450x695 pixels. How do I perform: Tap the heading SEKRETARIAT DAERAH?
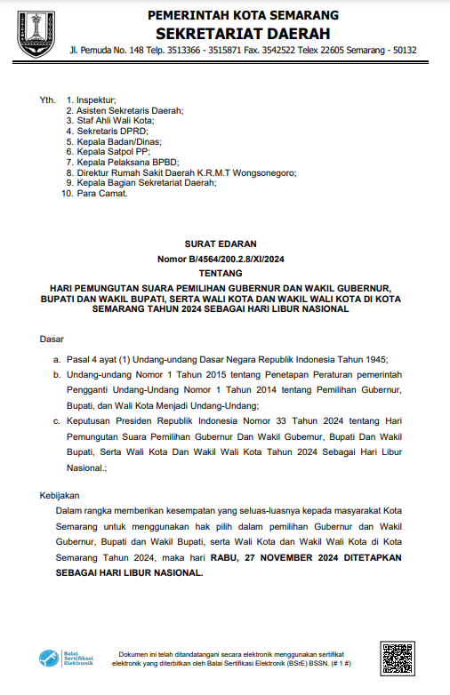(x=243, y=33)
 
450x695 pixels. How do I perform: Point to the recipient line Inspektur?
(x=96, y=100)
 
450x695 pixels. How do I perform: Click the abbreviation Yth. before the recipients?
(x=47, y=100)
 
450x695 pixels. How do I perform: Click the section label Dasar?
(x=52, y=340)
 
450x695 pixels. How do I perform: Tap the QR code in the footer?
(x=397, y=659)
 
